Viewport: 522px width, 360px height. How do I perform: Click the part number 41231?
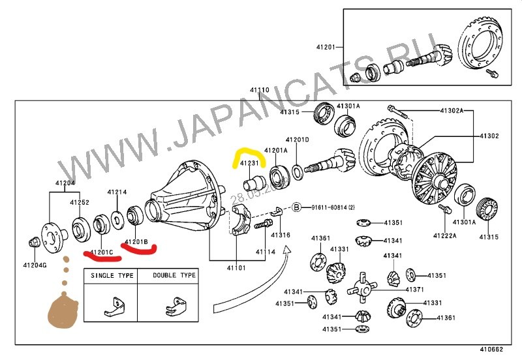[x=251, y=162]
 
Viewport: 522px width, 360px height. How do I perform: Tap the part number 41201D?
[x=296, y=140]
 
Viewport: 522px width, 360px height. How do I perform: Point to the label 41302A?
[x=450, y=111]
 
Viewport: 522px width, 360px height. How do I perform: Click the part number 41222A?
[x=446, y=234]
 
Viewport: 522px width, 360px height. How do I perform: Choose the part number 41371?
[x=416, y=289]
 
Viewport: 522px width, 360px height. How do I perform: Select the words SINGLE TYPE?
[x=112, y=276]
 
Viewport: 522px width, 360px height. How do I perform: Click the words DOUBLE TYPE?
[x=174, y=276]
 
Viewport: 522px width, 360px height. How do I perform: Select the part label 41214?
[x=117, y=192]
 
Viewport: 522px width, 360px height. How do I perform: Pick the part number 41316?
[x=281, y=234]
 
